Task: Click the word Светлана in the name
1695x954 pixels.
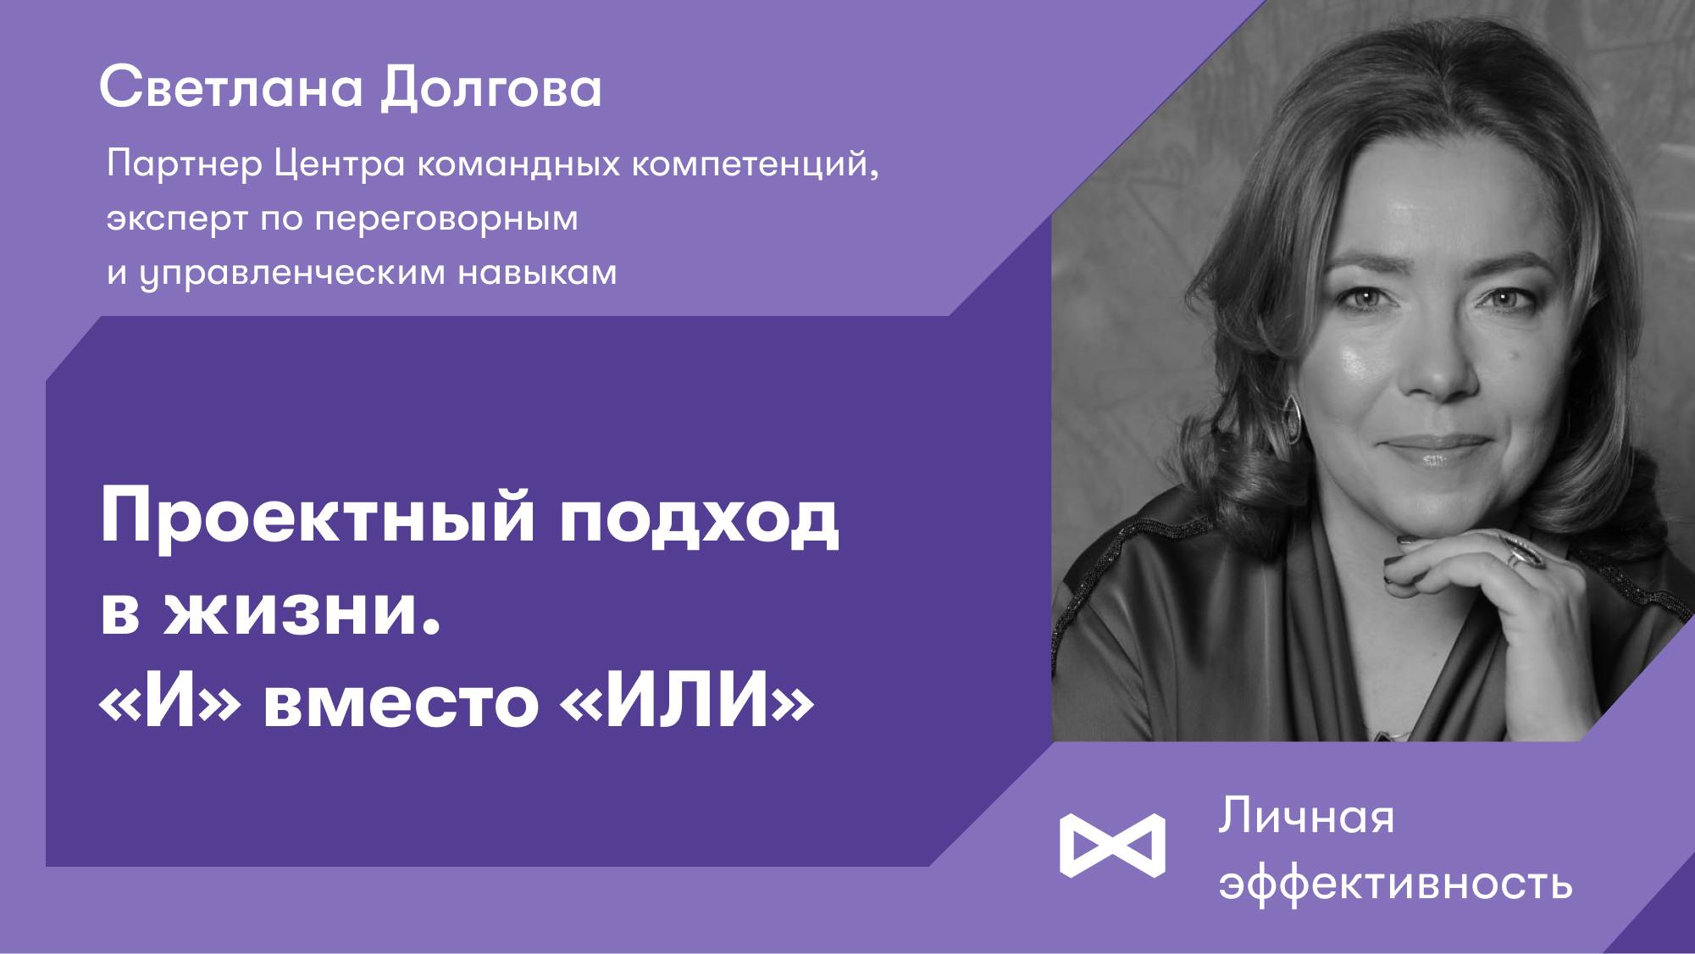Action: click(x=230, y=88)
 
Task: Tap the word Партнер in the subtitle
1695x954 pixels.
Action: click(x=185, y=164)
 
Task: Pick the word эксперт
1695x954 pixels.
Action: click(x=176, y=219)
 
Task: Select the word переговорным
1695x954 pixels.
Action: click(x=446, y=219)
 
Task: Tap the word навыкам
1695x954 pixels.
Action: click(x=537, y=273)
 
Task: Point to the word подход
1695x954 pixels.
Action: click(x=699, y=519)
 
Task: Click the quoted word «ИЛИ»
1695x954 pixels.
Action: click(x=687, y=702)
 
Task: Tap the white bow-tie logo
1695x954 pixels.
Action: click(x=1112, y=845)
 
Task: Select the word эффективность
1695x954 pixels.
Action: click(x=1395, y=884)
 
